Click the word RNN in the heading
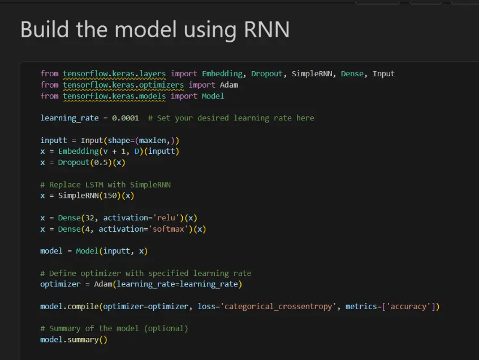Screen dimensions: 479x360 [267, 29]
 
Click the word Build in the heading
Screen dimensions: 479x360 [45, 29]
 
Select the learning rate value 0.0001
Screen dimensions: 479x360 [125, 118]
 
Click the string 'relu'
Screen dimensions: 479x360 [166, 218]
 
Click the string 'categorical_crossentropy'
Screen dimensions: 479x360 [278, 306]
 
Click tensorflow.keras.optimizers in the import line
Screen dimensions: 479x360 [123, 85]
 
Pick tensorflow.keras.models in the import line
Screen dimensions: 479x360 [114, 96]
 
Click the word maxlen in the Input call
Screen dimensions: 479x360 [153, 141]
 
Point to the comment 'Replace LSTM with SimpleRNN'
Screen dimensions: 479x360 [105, 185]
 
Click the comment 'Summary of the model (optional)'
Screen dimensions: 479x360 [114, 328]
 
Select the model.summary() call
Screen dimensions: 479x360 [74, 340]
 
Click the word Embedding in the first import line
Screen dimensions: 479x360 [222, 74]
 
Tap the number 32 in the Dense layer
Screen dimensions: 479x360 [89, 218]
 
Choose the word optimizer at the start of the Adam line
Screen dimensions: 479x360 [61, 284]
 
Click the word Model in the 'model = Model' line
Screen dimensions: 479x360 [87, 251]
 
